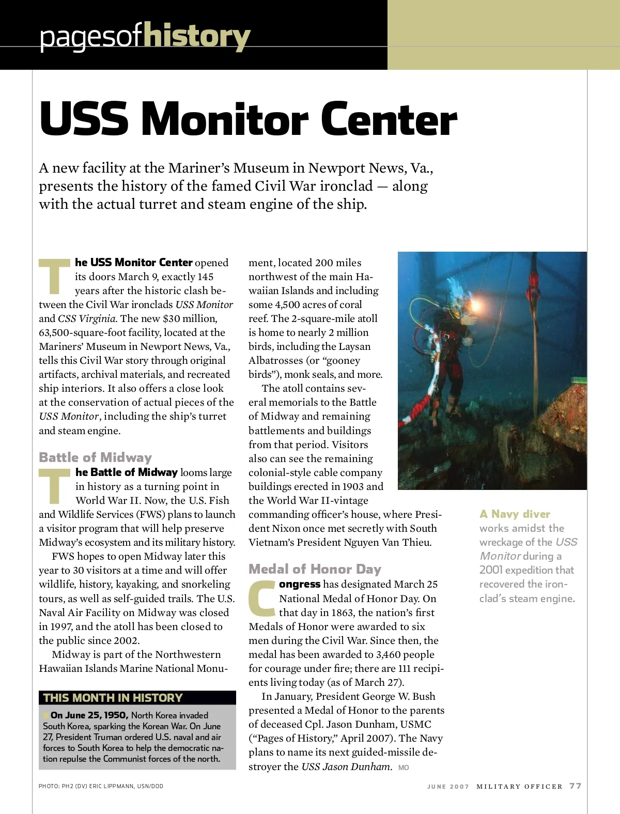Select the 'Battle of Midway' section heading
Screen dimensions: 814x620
click(95, 457)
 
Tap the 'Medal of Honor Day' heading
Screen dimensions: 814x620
click(315, 569)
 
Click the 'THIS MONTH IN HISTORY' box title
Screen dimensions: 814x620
click(113, 698)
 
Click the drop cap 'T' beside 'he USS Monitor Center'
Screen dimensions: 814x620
click(54, 277)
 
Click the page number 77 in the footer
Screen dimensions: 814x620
click(576, 786)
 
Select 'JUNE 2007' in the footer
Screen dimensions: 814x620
click(448, 787)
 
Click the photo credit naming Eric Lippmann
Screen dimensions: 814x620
click(101, 786)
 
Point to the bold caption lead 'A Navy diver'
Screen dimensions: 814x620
click(515, 514)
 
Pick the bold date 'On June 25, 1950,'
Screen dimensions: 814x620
click(89, 715)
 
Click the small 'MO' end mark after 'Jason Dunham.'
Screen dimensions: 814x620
click(404, 768)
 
